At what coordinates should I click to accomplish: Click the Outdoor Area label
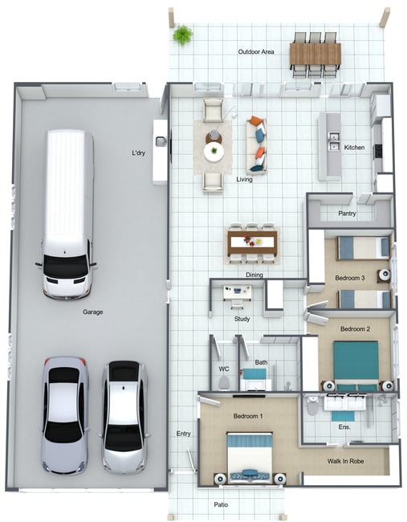(x=256, y=51)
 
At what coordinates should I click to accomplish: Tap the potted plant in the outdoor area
(x=182, y=35)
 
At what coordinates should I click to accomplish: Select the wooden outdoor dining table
(x=315, y=54)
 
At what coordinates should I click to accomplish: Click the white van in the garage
(x=67, y=214)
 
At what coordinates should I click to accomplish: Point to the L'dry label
(x=138, y=153)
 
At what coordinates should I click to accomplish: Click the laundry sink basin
(x=161, y=141)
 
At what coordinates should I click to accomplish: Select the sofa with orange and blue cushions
(x=257, y=145)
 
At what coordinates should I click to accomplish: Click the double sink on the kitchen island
(x=333, y=141)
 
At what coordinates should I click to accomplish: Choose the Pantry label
(x=347, y=213)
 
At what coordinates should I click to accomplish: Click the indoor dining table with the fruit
(x=252, y=243)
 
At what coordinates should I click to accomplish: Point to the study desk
(x=238, y=292)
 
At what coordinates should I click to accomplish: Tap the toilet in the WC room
(x=224, y=383)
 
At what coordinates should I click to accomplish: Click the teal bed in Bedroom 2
(x=356, y=365)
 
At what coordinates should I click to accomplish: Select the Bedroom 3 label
(x=350, y=278)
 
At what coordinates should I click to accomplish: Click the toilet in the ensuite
(x=312, y=405)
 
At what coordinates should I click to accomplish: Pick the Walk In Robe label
(x=345, y=461)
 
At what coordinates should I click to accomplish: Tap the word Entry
(x=183, y=434)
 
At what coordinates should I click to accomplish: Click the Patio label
(x=221, y=504)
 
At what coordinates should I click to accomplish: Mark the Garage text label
(x=93, y=312)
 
